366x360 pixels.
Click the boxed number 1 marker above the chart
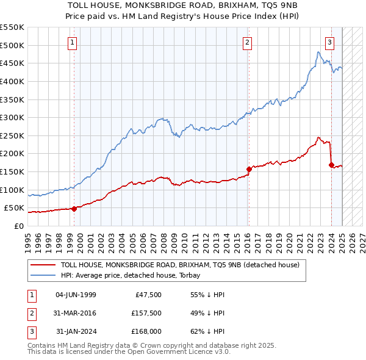pos(73,42)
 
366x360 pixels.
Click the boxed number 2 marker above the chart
pos(247,42)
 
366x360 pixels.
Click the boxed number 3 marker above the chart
pos(329,42)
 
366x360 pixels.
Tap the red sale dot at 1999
pos(74,209)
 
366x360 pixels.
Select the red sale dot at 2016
pos(249,169)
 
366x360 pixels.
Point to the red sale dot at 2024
pos(331,165)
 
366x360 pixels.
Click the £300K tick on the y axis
pos(12,117)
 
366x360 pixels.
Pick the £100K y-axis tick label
pos(12,190)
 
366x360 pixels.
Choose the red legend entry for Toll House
pos(180,265)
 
